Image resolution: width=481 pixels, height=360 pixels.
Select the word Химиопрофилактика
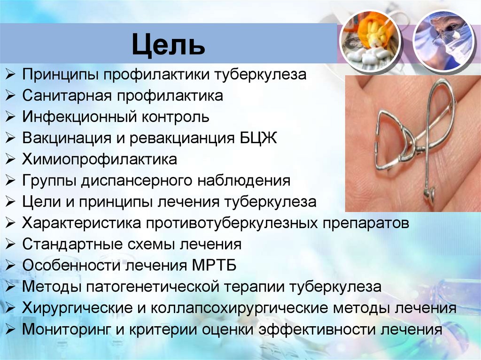point(100,160)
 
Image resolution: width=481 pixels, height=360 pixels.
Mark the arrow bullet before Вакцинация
point(11,139)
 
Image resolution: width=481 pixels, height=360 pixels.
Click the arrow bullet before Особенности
point(11,266)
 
